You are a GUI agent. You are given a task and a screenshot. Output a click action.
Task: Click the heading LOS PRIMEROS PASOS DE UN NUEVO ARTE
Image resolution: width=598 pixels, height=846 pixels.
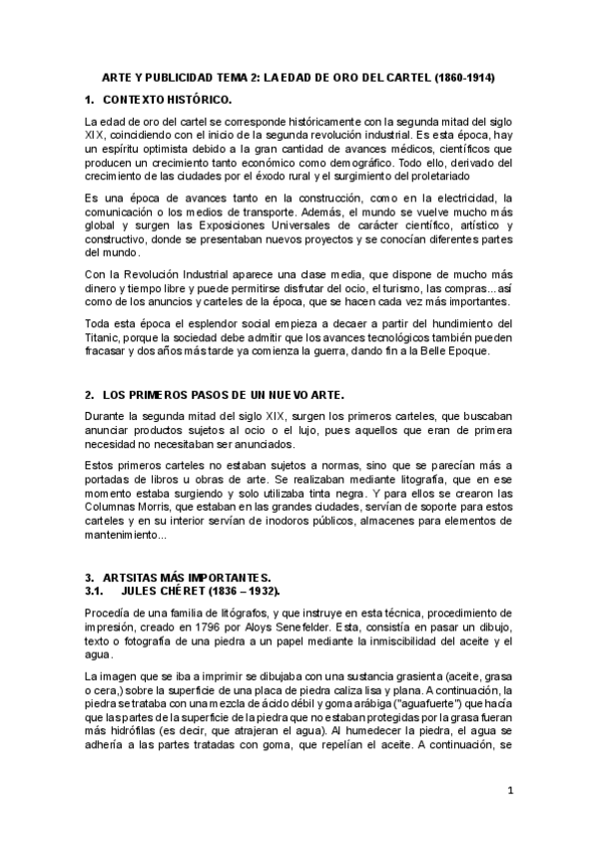(x=224, y=395)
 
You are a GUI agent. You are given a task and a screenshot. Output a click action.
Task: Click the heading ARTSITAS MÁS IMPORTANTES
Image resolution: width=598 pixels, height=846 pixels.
(x=185, y=578)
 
